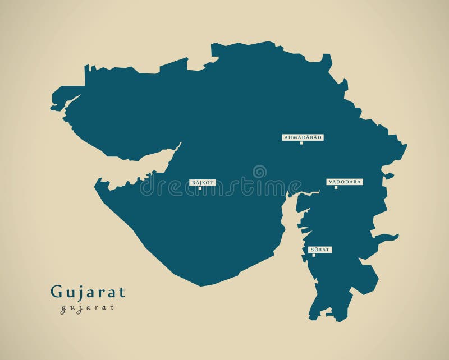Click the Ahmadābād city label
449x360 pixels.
click(x=303, y=137)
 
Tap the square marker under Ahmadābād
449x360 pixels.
click(x=301, y=143)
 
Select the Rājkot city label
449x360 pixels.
click(x=203, y=183)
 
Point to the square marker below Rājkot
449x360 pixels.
click(x=200, y=188)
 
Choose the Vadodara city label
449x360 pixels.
click(x=345, y=182)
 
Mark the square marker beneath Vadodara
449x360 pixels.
click(x=336, y=187)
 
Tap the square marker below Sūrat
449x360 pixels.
click(x=314, y=255)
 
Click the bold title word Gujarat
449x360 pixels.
click(x=88, y=292)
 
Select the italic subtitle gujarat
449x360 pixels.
click(x=87, y=307)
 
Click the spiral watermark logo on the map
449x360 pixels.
click(x=259, y=172)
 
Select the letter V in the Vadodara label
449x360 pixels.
click(x=330, y=182)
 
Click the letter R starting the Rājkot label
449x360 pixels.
click(x=193, y=183)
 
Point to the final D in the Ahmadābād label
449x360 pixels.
click(x=320, y=137)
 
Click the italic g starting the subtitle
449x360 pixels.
click(x=63, y=308)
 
